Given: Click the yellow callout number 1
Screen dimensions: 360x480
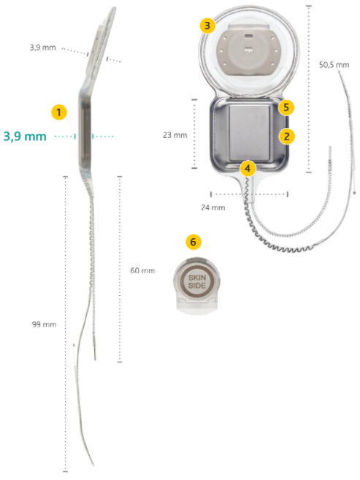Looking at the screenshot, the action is tap(59, 112).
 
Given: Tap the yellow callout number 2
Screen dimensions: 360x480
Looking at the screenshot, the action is tap(286, 136).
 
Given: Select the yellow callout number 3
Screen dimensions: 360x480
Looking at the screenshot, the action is tap(207, 26).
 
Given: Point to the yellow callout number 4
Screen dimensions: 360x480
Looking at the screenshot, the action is tap(248, 168).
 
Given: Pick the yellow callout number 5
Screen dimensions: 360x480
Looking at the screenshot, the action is tap(286, 107).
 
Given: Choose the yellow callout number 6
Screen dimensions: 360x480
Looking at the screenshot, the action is tap(194, 242).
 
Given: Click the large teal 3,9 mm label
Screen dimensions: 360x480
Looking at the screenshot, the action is tap(25, 137).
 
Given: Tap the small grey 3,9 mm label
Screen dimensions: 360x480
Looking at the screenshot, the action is tap(43, 47).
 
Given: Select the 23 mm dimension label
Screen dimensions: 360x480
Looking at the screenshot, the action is tap(175, 135).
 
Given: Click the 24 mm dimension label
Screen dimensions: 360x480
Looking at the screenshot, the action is tap(213, 207).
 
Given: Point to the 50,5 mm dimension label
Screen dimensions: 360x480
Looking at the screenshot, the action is tap(334, 65).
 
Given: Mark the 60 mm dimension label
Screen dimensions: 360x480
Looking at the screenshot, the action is tap(142, 270).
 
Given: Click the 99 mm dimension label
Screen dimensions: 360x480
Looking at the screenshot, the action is tap(45, 324).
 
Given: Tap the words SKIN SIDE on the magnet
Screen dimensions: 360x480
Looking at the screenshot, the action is tap(197, 281).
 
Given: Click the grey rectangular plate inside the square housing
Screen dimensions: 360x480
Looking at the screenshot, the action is tap(250, 133).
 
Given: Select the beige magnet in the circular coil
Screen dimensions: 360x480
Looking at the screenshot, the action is tap(249, 50).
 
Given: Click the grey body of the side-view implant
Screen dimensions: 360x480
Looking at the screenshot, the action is tap(85, 130).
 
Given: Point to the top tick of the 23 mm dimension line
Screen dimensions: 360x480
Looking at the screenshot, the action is tap(194, 99).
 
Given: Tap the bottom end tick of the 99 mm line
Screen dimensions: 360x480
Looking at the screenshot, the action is tap(65, 471).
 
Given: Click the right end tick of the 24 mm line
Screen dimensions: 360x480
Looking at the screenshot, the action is tap(288, 194).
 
